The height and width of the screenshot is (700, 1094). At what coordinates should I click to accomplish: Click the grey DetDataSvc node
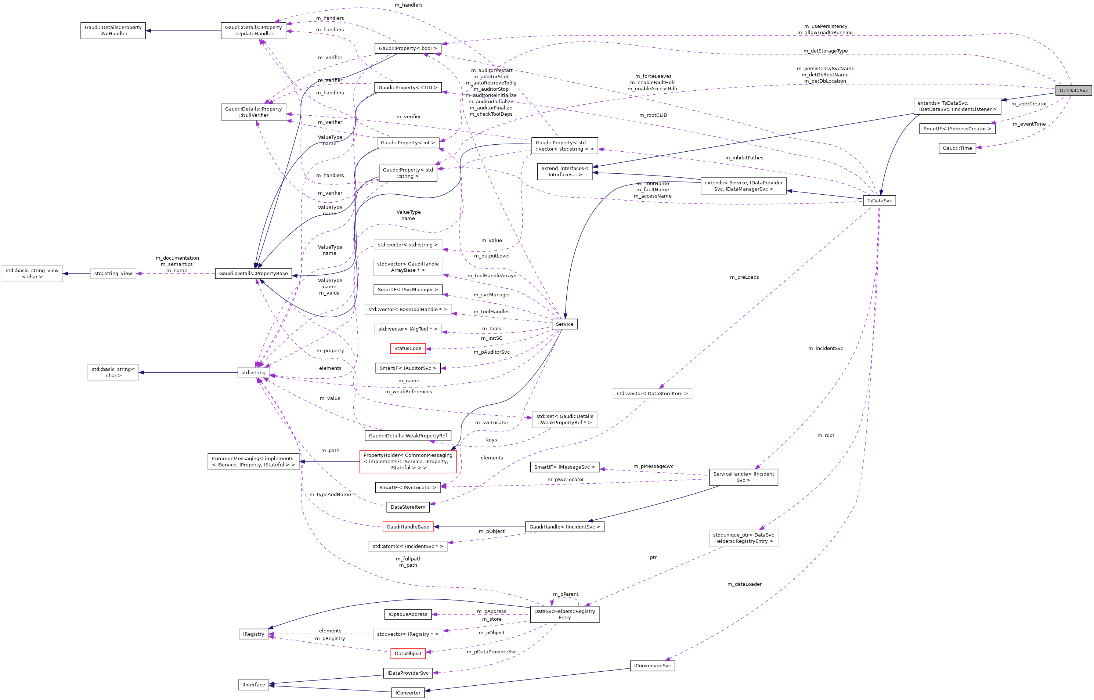pos(1073,90)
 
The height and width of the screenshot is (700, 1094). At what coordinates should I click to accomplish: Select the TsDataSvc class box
pos(879,201)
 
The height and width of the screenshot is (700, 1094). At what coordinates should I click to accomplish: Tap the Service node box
pos(564,324)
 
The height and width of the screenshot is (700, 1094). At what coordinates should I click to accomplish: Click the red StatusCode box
pos(408,348)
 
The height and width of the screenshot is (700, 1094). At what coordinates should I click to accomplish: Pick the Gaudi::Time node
pos(957,148)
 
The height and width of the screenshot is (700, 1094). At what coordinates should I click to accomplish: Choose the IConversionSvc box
pos(652,665)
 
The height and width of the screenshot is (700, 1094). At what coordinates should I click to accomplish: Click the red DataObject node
pos(408,653)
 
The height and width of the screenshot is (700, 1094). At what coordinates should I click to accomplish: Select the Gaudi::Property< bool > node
pos(408,48)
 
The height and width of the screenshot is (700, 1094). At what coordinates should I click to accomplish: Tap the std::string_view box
pos(113,273)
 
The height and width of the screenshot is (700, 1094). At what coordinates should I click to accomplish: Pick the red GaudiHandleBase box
pos(408,526)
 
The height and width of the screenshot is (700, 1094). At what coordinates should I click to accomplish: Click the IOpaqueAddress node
pos(408,614)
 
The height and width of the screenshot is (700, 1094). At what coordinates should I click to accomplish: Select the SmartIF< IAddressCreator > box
pos(957,129)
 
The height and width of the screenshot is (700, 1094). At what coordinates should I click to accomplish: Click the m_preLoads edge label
pos(744,277)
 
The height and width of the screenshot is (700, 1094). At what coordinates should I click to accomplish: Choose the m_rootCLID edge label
pos(653,115)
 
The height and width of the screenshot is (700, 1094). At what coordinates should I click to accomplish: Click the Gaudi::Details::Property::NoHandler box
pos(113,30)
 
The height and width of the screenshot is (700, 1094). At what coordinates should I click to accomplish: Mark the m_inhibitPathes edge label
pos(744,158)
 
